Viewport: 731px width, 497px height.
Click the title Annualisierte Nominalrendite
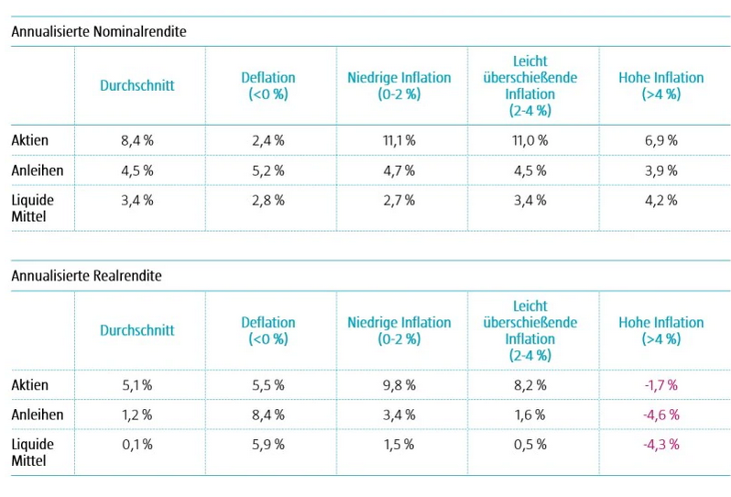click(x=99, y=30)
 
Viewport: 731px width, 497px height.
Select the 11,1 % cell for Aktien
click(x=398, y=140)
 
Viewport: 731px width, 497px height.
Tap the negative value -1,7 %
click(x=660, y=385)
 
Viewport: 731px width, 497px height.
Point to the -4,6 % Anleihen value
click(x=660, y=414)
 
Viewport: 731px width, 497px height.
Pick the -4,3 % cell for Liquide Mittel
click(x=660, y=444)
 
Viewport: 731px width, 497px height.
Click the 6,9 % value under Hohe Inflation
click(x=660, y=140)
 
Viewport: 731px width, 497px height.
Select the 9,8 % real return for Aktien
click(x=398, y=385)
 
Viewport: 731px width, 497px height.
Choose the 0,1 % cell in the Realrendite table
click(x=136, y=444)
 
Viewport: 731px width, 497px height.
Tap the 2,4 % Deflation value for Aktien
click(x=267, y=140)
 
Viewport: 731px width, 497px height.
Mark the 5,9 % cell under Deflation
click(x=267, y=444)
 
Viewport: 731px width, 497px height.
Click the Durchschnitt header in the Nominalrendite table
click(x=136, y=85)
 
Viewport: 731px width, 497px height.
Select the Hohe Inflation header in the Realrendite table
click(x=660, y=330)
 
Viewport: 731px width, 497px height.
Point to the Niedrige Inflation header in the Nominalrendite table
click(x=398, y=85)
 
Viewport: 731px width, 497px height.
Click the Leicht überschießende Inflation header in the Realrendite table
click(x=529, y=330)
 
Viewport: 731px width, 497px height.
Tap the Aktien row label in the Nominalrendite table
click(x=30, y=140)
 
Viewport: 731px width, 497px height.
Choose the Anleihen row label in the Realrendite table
click(x=38, y=414)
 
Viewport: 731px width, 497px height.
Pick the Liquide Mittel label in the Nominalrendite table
click(x=33, y=206)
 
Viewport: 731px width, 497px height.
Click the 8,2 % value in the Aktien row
click(x=529, y=385)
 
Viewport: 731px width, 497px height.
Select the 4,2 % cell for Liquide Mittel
click(x=660, y=199)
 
